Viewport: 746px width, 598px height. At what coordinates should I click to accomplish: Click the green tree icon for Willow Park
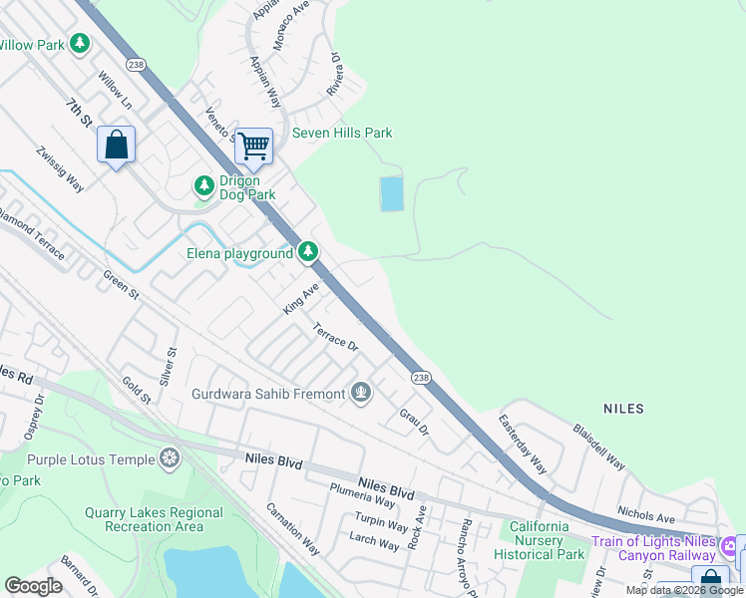click(x=80, y=45)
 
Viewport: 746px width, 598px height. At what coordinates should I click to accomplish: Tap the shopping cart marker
click(x=253, y=146)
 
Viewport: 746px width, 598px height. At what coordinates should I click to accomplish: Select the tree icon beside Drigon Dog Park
click(x=203, y=186)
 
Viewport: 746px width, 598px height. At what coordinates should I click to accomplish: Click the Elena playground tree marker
click(x=310, y=253)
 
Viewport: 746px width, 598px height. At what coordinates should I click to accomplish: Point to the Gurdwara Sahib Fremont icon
click(x=361, y=393)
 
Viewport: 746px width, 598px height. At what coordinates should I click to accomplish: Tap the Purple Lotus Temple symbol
click(x=170, y=458)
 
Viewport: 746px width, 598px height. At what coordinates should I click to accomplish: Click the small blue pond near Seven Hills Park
click(x=392, y=193)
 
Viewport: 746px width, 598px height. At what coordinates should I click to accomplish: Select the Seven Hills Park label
click(x=342, y=133)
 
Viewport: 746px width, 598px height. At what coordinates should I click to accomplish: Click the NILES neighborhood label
click(x=623, y=409)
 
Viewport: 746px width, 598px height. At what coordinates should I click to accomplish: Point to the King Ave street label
click(x=300, y=298)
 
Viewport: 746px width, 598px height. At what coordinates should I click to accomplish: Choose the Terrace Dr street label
click(x=335, y=337)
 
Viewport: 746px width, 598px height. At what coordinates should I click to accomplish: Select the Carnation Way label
click(x=292, y=528)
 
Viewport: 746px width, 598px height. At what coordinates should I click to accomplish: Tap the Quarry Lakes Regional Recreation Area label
click(x=154, y=518)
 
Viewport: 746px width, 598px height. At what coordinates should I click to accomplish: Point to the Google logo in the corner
click(x=33, y=586)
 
